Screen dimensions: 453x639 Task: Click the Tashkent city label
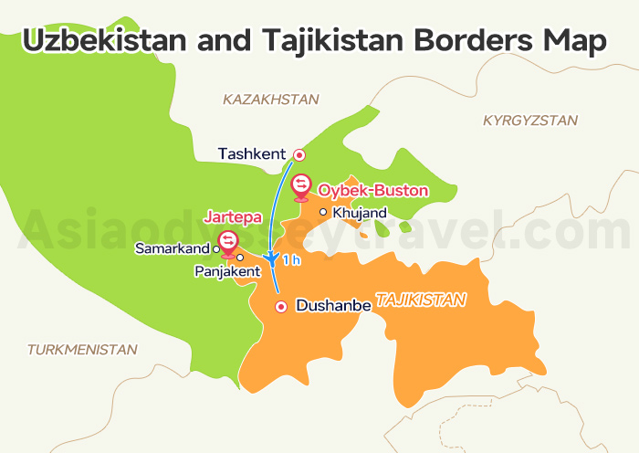252,153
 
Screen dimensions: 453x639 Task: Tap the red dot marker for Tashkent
298,154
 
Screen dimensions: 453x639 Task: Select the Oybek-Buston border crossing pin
300,186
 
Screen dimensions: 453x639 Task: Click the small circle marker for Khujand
322,212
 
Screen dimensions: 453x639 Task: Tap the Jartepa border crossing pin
227,241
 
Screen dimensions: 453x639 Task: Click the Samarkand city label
173,248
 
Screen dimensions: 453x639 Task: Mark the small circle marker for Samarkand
215,248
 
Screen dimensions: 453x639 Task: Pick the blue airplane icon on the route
270,259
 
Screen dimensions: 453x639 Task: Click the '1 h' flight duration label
291,260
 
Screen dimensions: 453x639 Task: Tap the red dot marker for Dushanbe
281,306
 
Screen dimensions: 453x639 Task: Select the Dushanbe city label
333,306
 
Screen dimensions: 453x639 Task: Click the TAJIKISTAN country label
421,299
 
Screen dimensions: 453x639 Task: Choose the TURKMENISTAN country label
82,349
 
